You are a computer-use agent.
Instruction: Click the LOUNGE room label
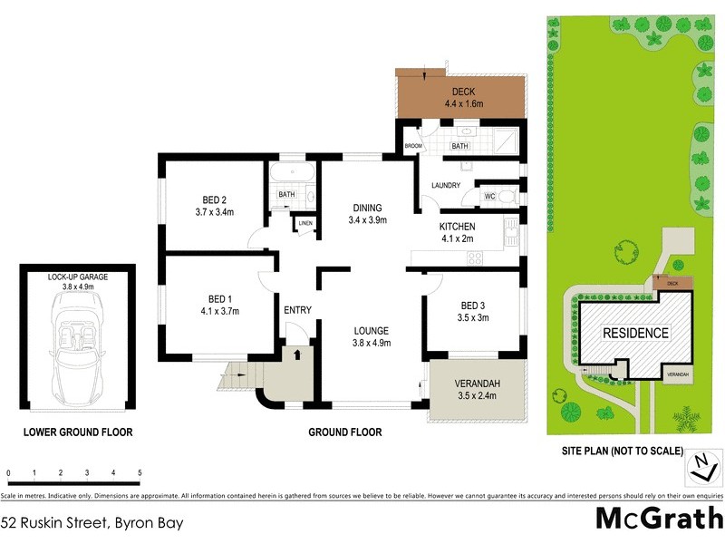(x=372, y=330)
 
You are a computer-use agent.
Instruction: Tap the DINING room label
(x=367, y=208)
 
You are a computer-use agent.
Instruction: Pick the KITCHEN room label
(x=457, y=227)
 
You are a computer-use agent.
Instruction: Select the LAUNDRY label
(x=446, y=186)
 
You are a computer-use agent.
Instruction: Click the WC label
(x=488, y=195)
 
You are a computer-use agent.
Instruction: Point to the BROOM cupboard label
(x=413, y=146)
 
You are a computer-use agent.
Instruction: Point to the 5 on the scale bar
(x=140, y=473)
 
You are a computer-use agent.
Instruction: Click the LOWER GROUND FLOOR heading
(x=78, y=432)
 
